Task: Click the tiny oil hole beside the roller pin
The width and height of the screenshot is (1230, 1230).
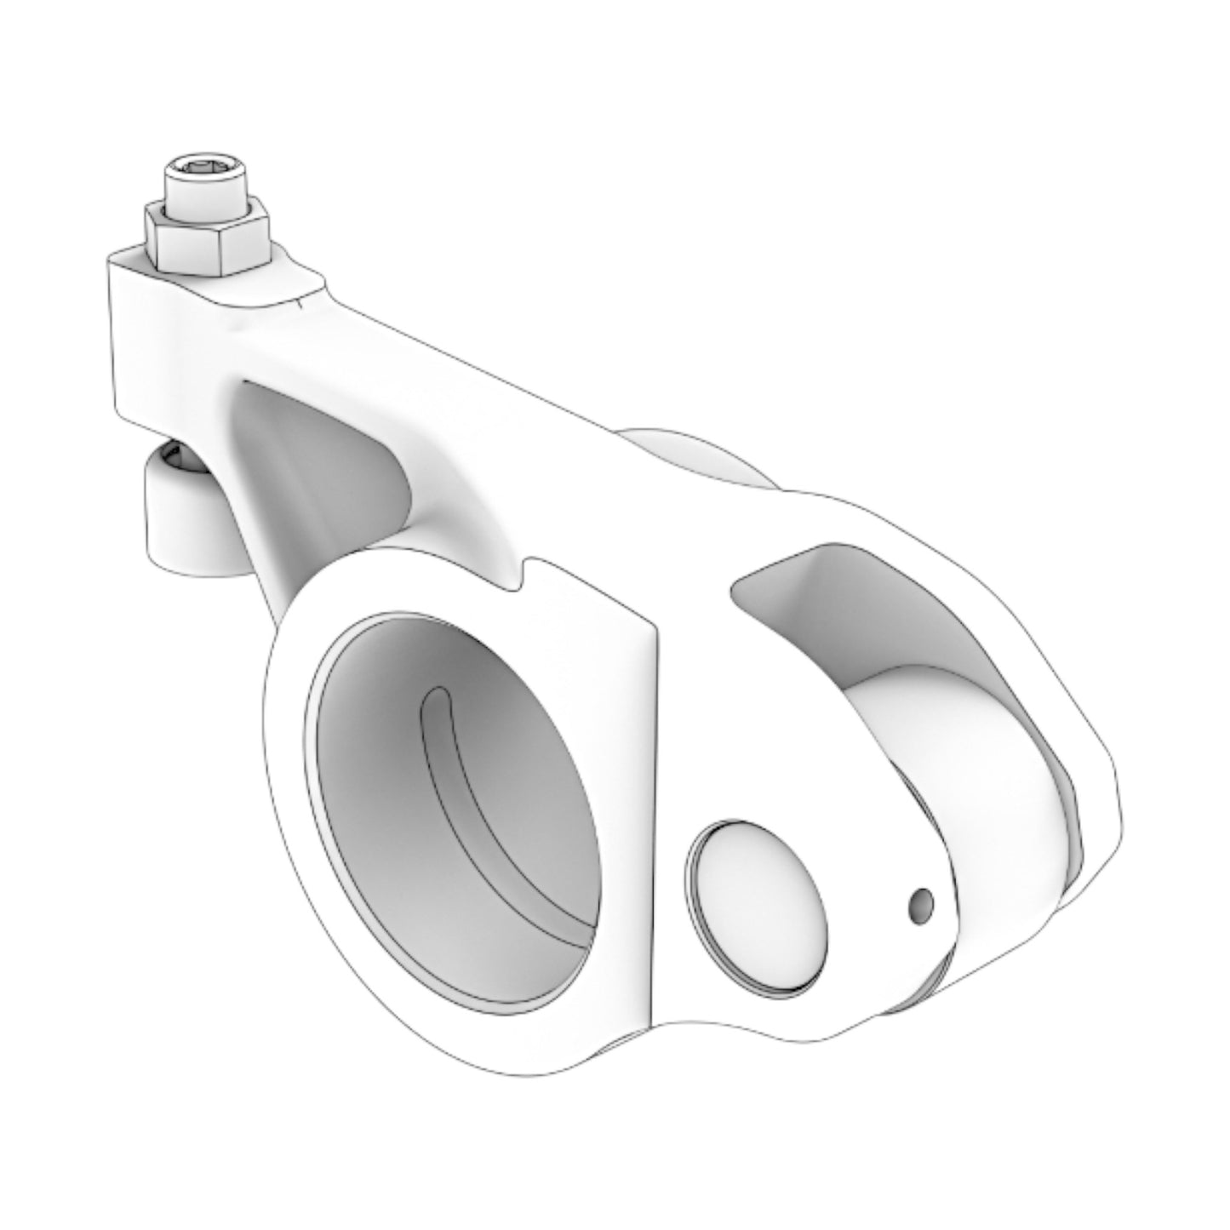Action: click(x=921, y=904)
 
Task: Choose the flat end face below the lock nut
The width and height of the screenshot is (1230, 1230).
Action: click(x=132, y=340)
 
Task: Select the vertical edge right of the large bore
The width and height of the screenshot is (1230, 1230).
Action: click(x=655, y=809)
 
